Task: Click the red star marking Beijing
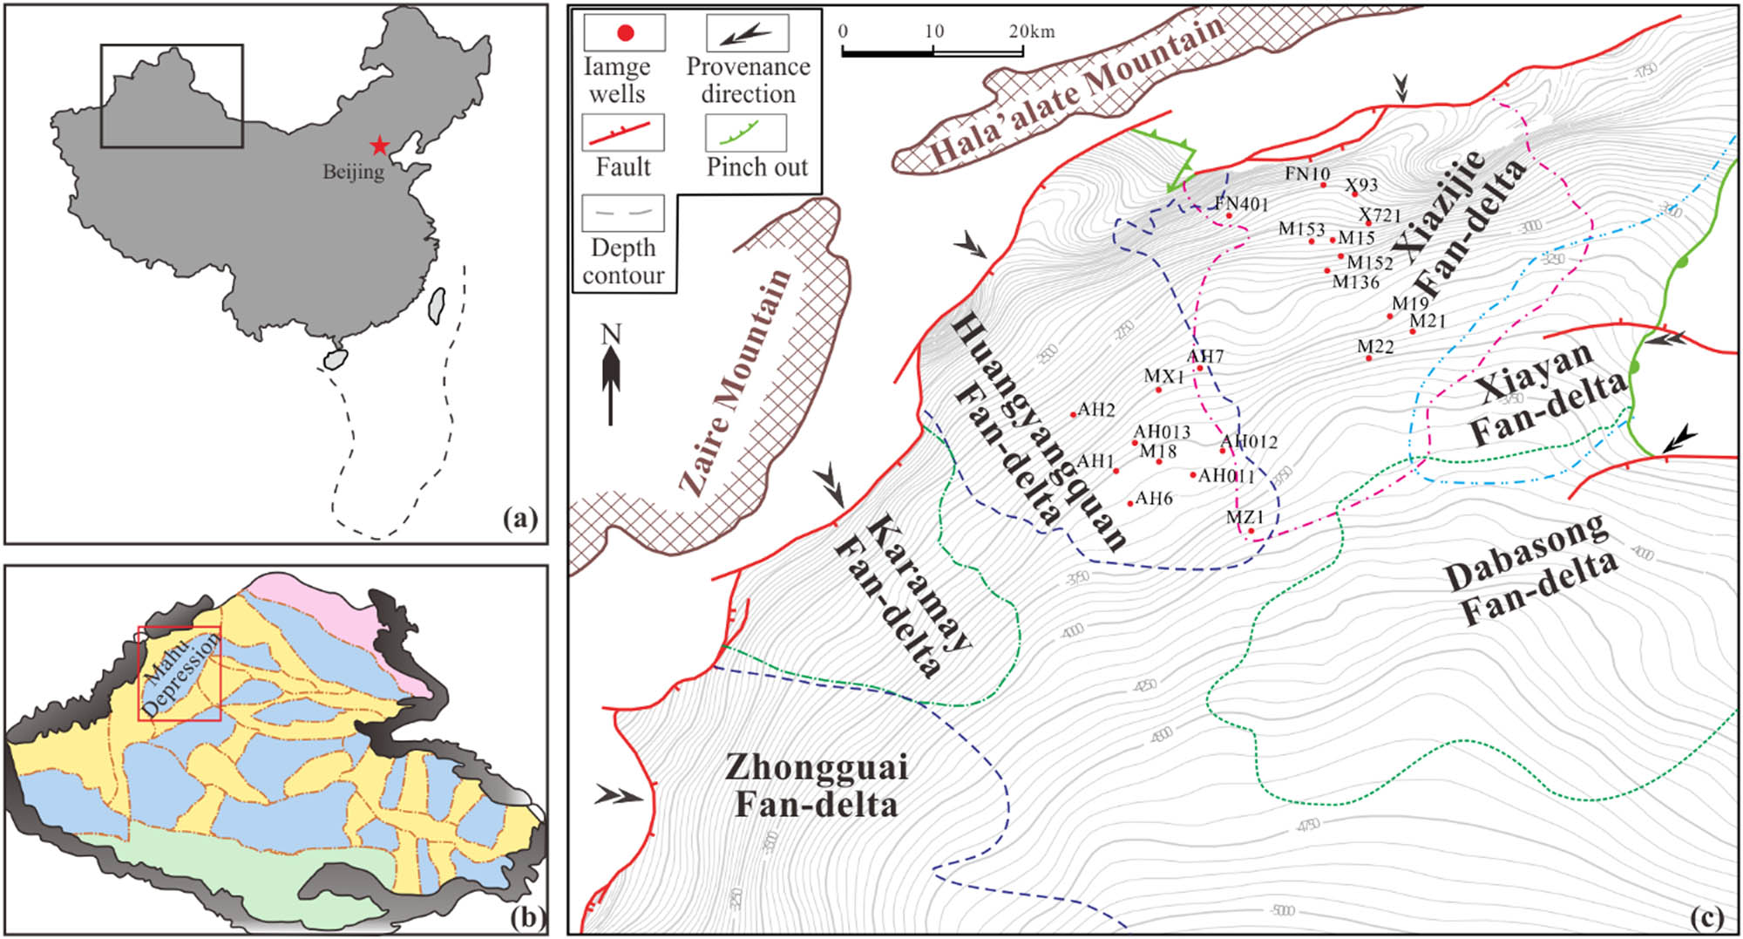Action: coord(379,146)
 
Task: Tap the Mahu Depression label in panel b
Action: coord(180,675)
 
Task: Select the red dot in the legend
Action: coord(625,34)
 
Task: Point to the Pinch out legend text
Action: coord(756,167)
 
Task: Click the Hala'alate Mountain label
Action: coord(1077,90)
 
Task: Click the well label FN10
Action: coord(1306,174)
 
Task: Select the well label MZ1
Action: coord(1245,517)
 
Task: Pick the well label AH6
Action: coord(1154,498)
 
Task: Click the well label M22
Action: coord(1375,346)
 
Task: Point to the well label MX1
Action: coord(1163,376)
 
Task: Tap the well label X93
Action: coord(1360,185)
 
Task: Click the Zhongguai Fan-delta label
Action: coord(817,785)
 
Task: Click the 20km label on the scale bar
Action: coord(1032,31)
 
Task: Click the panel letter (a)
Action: coord(520,520)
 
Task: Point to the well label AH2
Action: coord(1096,409)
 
